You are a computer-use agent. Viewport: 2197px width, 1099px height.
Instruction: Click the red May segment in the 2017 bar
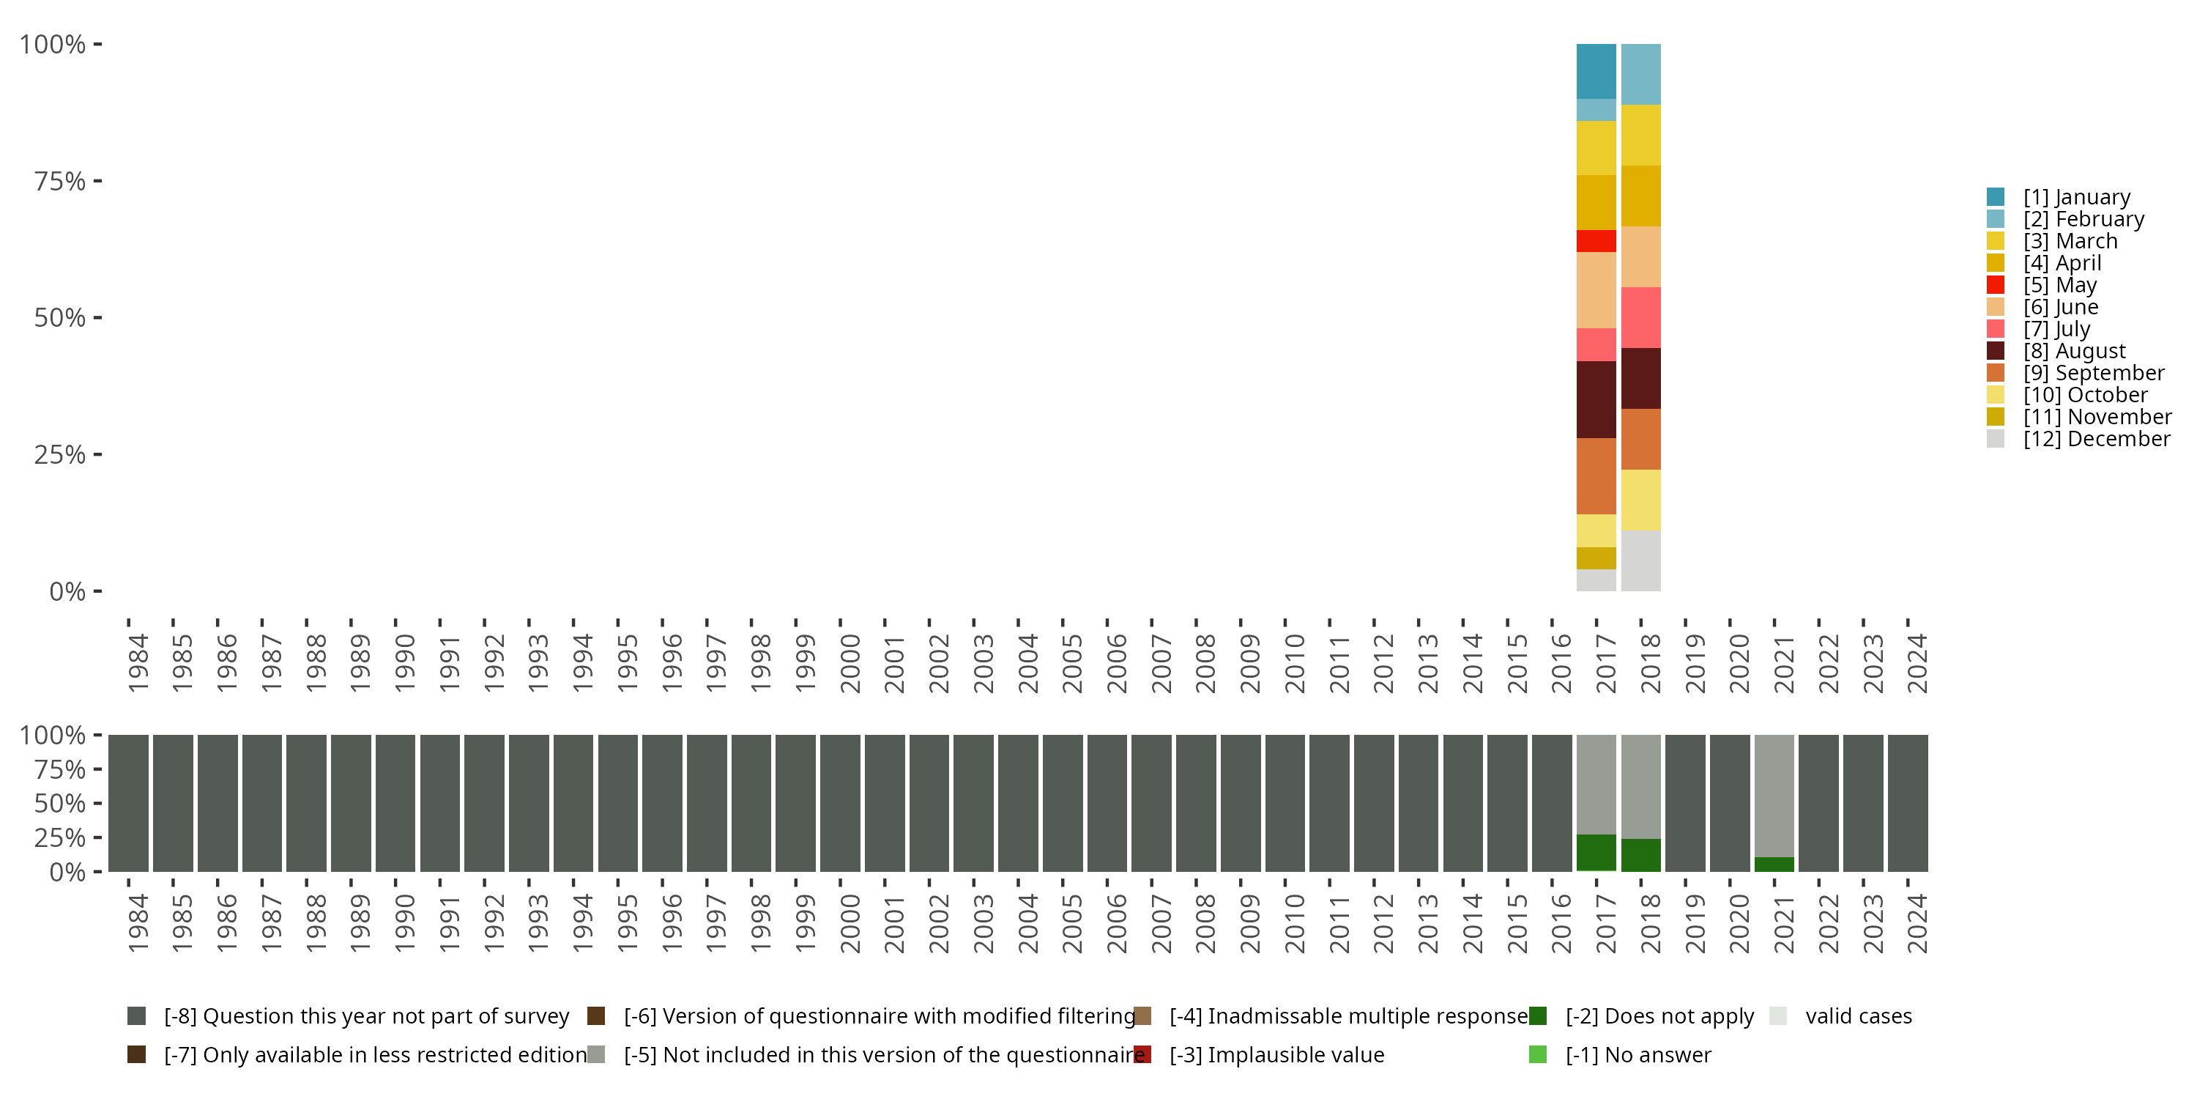pyautogui.click(x=1596, y=240)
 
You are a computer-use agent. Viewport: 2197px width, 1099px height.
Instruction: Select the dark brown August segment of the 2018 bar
pyautogui.click(x=1640, y=378)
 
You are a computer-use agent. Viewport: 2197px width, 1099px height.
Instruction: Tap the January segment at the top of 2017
pyautogui.click(x=1596, y=71)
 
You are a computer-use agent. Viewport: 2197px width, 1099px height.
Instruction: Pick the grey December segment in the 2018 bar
pyautogui.click(x=1640, y=560)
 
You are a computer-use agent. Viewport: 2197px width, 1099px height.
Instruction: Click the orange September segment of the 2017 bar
pyautogui.click(x=1596, y=476)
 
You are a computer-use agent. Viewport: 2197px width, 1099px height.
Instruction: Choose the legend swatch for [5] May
pyautogui.click(x=1995, y=285)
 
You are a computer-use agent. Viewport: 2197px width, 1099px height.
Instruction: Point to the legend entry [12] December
pyautogui.click(x=2097, y=439)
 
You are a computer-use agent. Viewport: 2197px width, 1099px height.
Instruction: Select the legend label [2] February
pyautogui.click(x=2083, y=219)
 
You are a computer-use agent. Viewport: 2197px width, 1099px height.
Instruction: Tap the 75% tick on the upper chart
pyautogui.click(x=60, y=181)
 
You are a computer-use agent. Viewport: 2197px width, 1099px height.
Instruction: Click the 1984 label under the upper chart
pyautogui.click(x=138, y=663)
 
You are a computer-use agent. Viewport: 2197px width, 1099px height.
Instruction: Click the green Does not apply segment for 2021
pyautogui.click(x=1774, y=864)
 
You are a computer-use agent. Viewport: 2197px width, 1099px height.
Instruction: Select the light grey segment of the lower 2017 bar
pyautogui.click(x=1596, y=783)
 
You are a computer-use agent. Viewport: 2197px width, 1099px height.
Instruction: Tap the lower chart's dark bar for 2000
pyautogui.click(x=840, y=803)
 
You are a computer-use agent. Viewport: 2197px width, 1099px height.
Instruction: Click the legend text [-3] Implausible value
pyautogui.click(x=1276, y=1054)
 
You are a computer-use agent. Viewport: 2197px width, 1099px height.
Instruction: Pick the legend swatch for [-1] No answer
pyautogui.click(x=1538, y=1054)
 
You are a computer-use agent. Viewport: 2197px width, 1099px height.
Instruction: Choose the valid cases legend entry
pyautogui.click(x=1857, y=1016)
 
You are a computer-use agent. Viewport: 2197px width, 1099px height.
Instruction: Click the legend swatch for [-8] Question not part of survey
pyautogui.click(x=136, y=1016)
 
